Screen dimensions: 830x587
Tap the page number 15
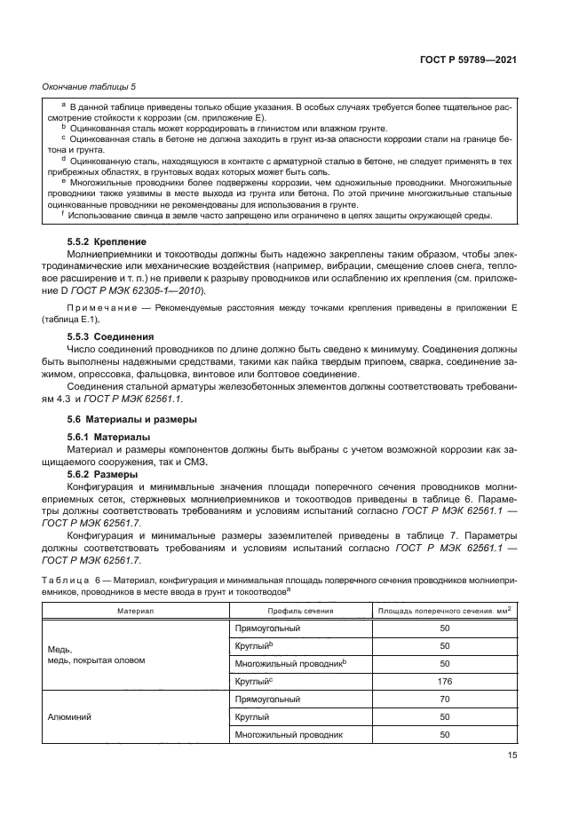(x=512, y=755)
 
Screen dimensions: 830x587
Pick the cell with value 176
(x=445, y=682)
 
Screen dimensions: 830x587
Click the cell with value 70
(x=445, y=700)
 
